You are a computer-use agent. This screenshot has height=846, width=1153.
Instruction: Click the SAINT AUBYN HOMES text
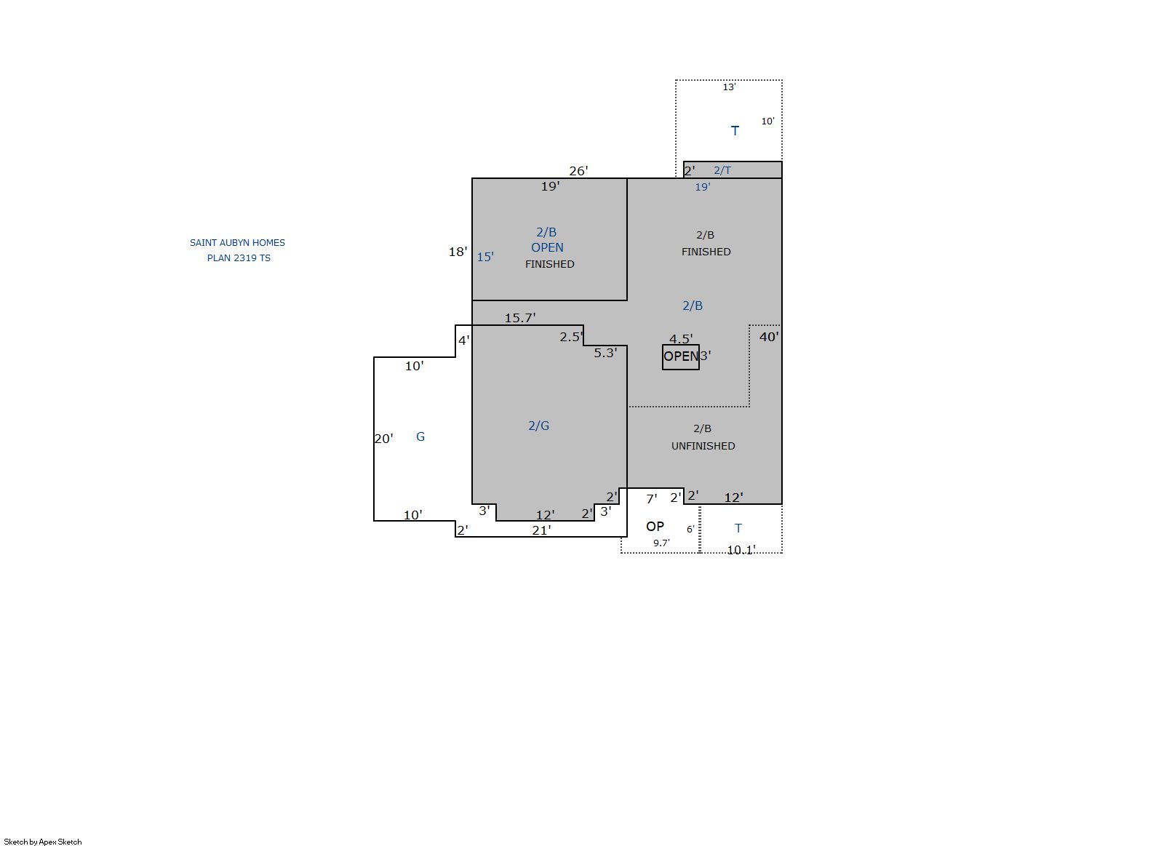click(237, 242)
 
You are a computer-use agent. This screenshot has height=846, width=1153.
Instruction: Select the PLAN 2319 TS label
click(239, 258)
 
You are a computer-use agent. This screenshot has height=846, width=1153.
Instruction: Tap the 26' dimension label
click(578, 171)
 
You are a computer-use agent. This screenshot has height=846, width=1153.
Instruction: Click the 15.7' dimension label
click(520, 318)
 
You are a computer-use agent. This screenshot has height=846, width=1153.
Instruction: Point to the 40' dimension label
click(769, 337)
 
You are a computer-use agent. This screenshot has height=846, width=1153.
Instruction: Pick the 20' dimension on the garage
click(383, 439)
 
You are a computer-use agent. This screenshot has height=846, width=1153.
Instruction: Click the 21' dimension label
click(541, 530)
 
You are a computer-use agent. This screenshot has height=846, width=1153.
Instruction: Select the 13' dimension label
click(729, 87)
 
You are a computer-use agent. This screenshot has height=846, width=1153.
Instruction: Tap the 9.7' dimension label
click(661, 543)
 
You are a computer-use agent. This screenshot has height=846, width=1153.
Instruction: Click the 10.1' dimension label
click(741, 550)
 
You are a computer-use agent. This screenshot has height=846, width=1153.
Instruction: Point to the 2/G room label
click(539, 426)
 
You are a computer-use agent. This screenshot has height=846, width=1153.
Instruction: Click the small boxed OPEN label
click(680, 356)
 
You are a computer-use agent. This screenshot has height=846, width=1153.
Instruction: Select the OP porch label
click(655, 527)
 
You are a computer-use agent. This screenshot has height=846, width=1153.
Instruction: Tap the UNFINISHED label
click(703, 446)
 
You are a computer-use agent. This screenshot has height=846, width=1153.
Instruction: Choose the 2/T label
click(722, 170)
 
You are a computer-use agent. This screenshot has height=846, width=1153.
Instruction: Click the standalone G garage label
click(420, 437)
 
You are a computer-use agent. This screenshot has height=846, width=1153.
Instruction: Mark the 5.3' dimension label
click(605, 353)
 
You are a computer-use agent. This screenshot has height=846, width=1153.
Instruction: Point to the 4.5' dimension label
click(681, 339)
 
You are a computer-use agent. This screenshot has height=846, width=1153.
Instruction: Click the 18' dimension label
click(458, 252)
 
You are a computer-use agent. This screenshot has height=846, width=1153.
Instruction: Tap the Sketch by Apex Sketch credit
click(43, 842)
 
